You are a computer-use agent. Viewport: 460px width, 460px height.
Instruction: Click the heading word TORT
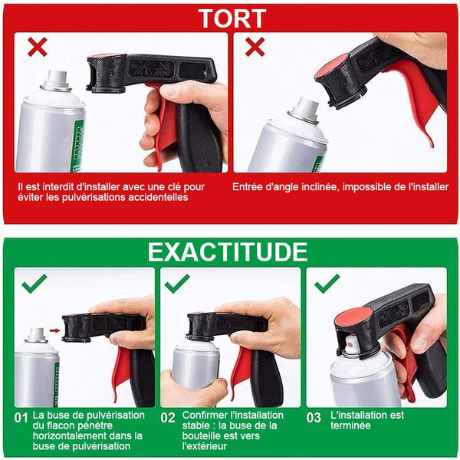point(232,18)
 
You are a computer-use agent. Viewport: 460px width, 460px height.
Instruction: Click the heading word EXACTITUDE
point(228,252)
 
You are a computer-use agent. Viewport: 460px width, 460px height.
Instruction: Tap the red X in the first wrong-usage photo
point(38,47)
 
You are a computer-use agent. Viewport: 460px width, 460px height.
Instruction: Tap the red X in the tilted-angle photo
point(255,47)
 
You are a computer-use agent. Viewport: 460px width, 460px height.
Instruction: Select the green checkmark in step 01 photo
point(34,284)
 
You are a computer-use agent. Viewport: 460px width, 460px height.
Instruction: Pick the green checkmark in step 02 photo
point(177,284)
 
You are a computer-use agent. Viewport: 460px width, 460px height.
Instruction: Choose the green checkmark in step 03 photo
point(327,284)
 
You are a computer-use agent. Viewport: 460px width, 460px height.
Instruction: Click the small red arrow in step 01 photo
point(54,330)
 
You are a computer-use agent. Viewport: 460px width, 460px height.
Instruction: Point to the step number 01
point(21,418)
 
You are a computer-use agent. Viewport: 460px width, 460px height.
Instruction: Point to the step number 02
point(167,418)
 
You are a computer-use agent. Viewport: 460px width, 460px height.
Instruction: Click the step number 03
point(314,418)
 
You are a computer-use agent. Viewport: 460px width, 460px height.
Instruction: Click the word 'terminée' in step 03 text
point(350,426)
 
